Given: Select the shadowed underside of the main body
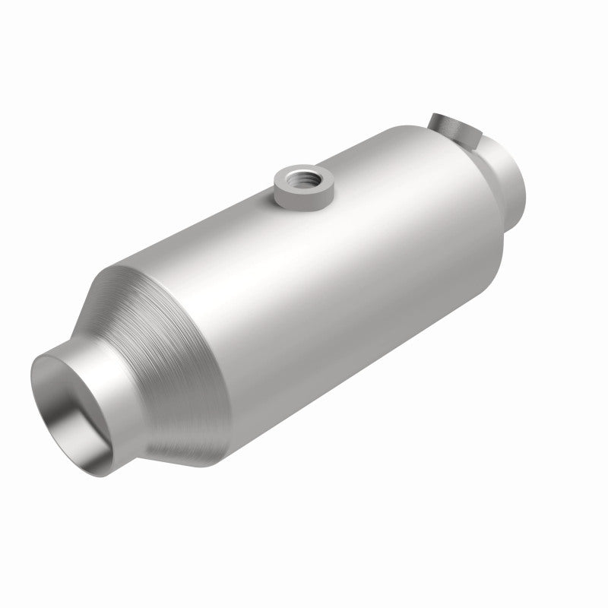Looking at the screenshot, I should point(365,380).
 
